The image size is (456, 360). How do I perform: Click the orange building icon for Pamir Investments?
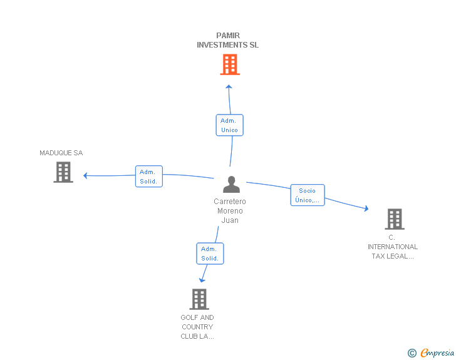230,64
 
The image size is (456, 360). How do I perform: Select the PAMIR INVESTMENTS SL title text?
228,40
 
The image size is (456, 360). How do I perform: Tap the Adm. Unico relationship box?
229,125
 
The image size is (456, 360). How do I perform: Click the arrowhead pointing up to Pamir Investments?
229,86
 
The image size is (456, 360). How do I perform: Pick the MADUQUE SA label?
61,153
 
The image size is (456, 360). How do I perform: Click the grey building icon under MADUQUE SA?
63,172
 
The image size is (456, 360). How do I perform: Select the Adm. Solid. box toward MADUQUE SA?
149,176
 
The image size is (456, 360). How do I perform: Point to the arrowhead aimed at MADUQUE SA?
85,176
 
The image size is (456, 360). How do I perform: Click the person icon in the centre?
231,184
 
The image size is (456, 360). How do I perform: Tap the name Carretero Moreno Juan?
230,211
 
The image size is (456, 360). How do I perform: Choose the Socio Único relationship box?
308,195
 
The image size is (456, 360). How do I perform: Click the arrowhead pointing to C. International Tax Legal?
366,208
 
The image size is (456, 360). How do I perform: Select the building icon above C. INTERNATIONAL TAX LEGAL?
395,219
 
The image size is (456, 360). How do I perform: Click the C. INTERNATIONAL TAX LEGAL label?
393,247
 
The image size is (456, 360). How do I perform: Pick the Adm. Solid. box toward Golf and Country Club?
210,254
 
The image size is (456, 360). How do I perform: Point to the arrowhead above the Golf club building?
202,280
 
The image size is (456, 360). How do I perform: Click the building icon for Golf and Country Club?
199,299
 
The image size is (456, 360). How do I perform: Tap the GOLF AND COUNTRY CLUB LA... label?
197,327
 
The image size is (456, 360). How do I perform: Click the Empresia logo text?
437,353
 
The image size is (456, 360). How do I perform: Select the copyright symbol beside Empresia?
412,353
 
